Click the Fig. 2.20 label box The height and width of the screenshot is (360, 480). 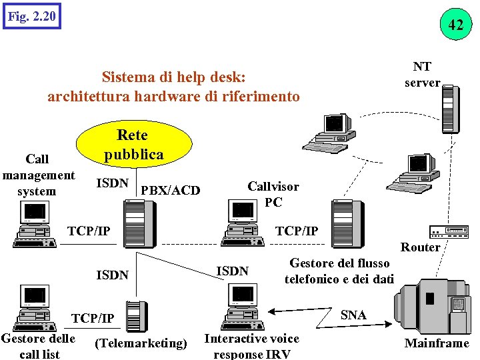tap(31, 15)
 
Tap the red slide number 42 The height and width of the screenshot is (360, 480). tap(456, 25)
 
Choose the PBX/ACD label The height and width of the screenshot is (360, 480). tap(171, 191)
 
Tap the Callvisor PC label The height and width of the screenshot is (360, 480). tap(273, 194)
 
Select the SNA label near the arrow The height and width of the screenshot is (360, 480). tap(353, 315)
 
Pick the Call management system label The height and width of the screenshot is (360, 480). tap(37, 175)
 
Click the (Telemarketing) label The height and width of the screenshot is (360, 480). tap(141, 343)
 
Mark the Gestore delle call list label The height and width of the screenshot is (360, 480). tap(39, 346)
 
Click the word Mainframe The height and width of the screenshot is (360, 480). tap(437, 343)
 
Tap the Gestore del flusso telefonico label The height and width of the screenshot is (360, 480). tap(339, 271)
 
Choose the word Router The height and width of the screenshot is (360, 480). tap(420, 247)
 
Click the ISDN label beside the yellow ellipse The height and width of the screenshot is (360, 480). tap(113, 183)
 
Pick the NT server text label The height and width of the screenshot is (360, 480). tap(423, 75)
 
